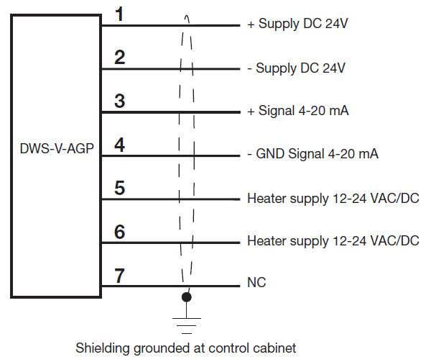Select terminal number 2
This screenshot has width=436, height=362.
(120, 58)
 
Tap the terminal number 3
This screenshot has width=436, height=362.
(120, 101)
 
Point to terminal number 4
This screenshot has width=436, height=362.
(120, 145)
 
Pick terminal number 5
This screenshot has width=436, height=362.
(120, 188)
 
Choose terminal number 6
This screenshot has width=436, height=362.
(120, 232)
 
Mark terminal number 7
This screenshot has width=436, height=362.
(120, 275)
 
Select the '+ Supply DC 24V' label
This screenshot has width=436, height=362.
(297, 25)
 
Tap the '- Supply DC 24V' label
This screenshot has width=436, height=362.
(296, 69)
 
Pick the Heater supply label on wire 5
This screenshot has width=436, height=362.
(333, 197)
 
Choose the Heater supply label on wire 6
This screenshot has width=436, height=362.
(333, 241)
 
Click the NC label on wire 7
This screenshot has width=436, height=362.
(256, 284)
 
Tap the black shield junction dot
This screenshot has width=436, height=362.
(187, 296)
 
